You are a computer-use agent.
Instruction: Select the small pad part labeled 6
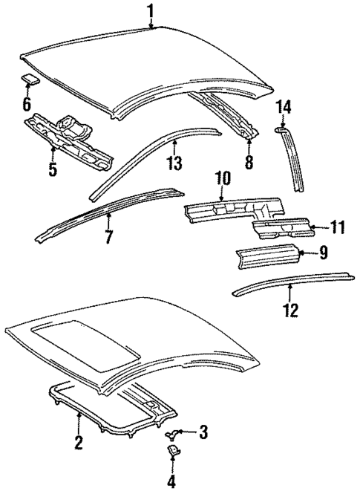[30, 77]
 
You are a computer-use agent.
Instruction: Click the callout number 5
[52, 169]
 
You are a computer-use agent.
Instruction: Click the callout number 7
[108, 238]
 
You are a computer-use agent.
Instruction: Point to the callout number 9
[323, 254]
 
